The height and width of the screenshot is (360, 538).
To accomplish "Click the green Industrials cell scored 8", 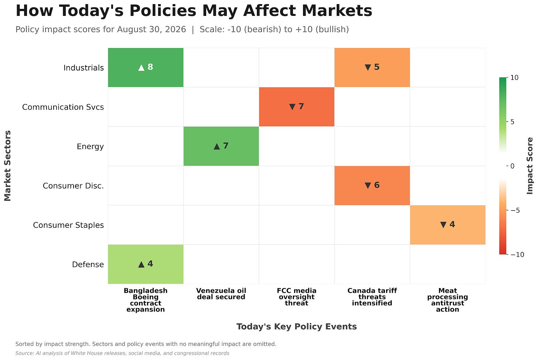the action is point(146,68).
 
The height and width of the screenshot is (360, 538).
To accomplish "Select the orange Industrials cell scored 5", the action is point(372,68).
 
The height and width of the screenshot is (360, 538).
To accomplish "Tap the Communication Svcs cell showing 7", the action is point(297,107).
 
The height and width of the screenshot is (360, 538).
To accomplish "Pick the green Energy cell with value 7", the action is point(221,146).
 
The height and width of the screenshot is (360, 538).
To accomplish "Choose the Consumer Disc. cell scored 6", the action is point(372,185).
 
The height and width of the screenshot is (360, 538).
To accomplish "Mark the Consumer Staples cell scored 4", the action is point(448,225).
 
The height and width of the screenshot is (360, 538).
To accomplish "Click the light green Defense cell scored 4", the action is point(146,264).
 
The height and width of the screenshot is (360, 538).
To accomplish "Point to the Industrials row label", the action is point(84,68).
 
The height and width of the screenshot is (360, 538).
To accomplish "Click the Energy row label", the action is point(90,146).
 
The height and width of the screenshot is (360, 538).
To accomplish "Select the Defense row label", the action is point(88,264).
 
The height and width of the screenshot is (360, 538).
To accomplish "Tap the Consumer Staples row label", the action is point(68,225).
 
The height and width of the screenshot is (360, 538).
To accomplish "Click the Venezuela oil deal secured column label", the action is point(221,294).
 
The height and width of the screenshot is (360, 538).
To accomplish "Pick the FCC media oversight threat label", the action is point(297,297).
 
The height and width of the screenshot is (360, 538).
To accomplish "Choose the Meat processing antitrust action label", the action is point(448,300).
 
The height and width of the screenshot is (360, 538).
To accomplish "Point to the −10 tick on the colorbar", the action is point(517,255).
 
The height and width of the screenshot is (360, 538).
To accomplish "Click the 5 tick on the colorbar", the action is point(512,122).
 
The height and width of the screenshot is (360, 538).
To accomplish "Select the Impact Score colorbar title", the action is point(530,166).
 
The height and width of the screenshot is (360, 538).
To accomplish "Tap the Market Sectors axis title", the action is point(7,166).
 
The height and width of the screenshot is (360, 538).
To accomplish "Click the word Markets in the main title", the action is point(337,11).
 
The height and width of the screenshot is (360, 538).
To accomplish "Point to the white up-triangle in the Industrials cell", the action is point(141,68).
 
